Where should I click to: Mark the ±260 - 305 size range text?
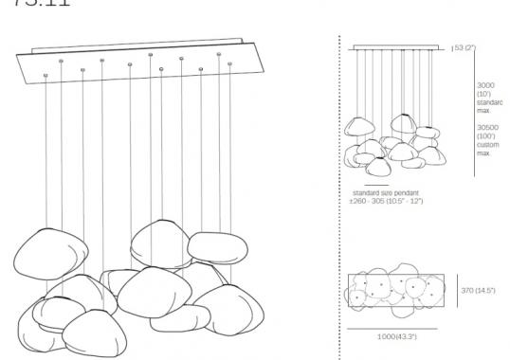tap(385, 201)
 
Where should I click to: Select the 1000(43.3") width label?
tap(395, 337)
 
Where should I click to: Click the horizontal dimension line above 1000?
tap(395, 328)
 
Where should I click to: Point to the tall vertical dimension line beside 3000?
tap(472, 114)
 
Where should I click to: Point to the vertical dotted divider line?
tap(339, 189)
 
